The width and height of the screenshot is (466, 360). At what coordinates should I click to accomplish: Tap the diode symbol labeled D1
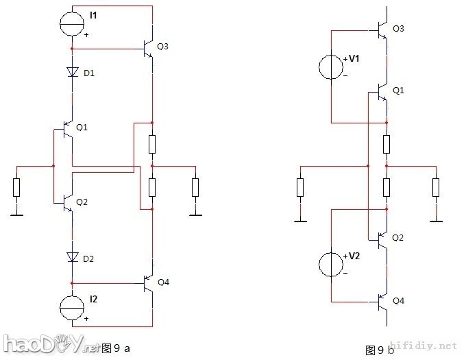pyautogui.click(x=73, y=72)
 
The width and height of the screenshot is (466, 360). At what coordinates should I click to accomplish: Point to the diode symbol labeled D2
pyautogui.click(x=73, y=258)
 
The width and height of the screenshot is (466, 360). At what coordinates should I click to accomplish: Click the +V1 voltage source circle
pyautogui.click(x=332, y=68)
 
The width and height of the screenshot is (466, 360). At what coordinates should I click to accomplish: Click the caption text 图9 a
pyautogui.click(x=115, y=348)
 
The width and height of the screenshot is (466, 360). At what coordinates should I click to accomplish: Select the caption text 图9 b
pyautogui.click(x=380, y=350)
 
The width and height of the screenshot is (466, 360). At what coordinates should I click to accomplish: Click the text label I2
pyautogui.click(x=93, y=299)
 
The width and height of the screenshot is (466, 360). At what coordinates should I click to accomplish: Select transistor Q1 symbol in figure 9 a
pyautogui.click(x=66, y=129)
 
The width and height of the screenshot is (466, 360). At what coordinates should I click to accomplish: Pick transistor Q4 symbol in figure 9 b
pyautogui.click(x=382, y=301)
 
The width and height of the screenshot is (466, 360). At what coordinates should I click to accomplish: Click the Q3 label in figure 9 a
pyautogui.click(x=162, y=47)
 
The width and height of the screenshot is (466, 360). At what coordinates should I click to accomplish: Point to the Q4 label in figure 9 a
pyautogui.click(x=163, y=282)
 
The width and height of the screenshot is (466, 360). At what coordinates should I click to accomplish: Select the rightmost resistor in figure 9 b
pyautogui.click(x=434, y=187)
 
